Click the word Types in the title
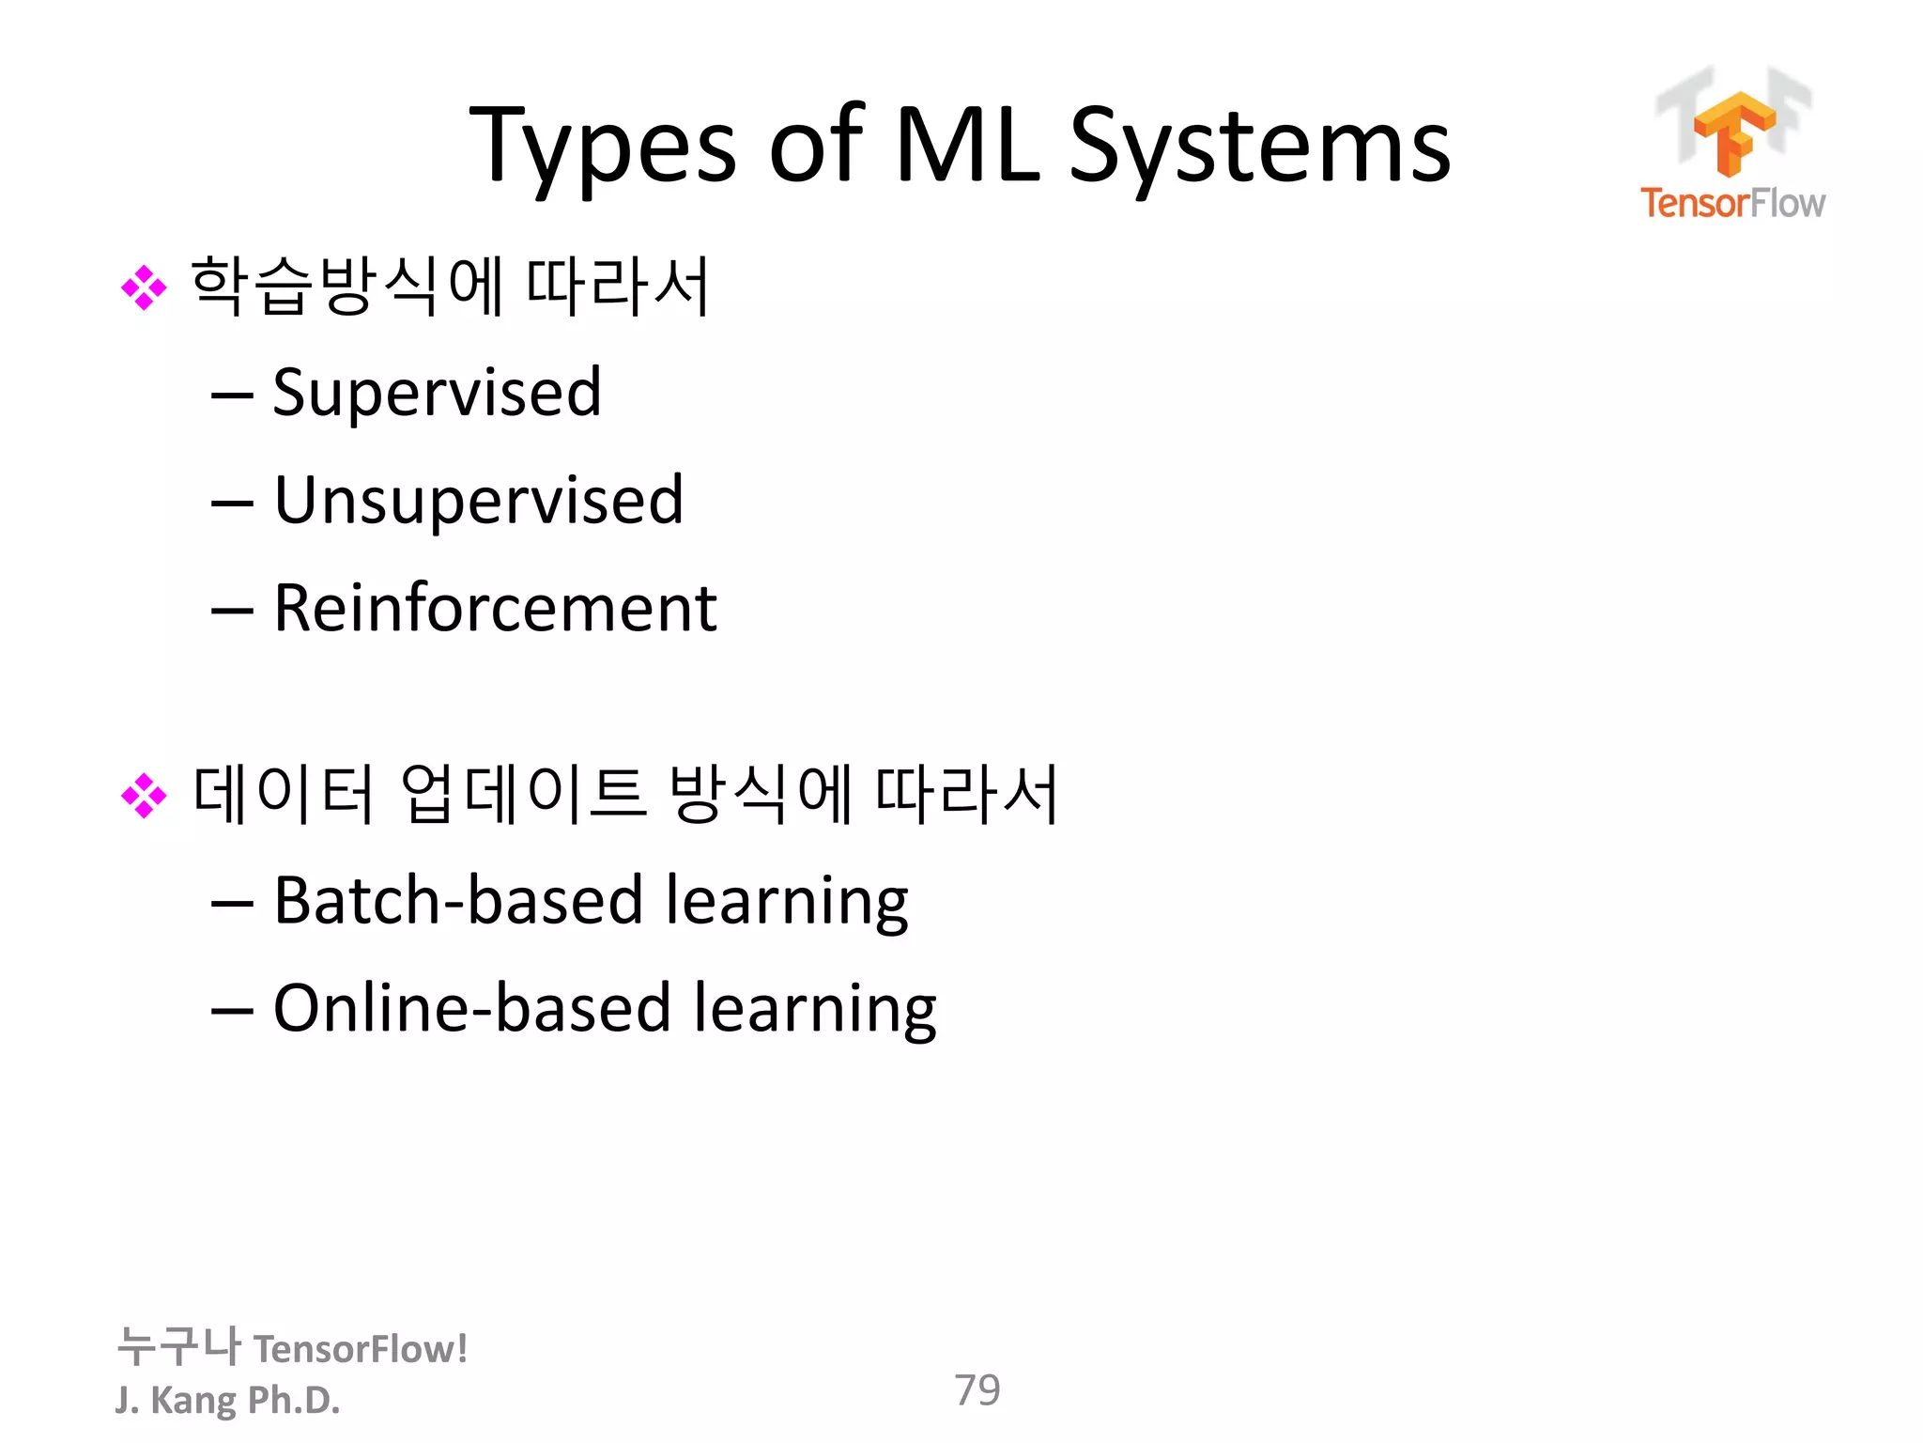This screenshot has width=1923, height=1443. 602,147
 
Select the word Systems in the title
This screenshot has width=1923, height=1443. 1259,147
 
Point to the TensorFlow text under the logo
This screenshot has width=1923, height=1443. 1732,203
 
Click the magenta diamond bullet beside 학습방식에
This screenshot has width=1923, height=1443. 144,287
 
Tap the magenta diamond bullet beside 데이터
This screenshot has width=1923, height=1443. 144,796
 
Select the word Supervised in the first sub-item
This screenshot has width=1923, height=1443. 437,393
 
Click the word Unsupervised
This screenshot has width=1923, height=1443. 478,501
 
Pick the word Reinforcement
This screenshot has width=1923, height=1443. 495,609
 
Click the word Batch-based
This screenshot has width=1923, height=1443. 457,901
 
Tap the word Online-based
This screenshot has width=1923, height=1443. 471,1009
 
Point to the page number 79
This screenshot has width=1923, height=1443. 977,1389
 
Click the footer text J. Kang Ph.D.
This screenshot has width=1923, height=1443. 227,1400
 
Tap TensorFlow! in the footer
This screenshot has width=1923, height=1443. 361,1349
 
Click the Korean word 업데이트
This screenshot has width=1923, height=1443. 523,794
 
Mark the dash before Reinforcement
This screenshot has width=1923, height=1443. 232,612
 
